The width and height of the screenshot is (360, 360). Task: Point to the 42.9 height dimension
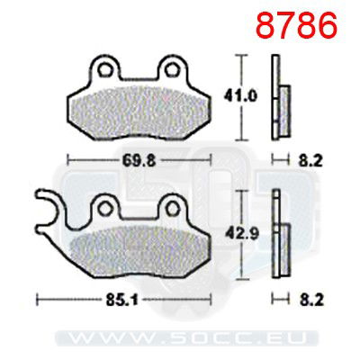250,234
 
